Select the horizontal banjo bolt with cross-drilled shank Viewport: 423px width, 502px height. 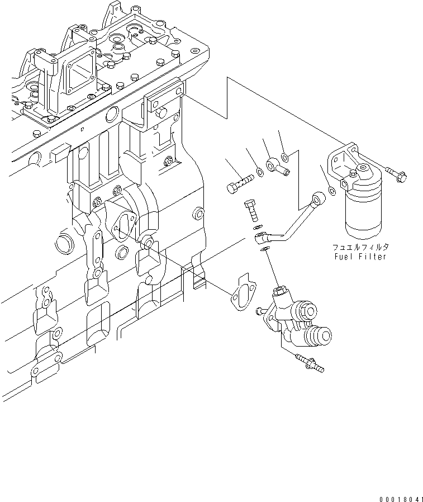coord(241,183)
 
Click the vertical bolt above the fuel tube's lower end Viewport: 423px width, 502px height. coord(251,211)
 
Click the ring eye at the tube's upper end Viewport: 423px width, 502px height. coord(319,197)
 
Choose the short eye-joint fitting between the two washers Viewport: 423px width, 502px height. coord(278,166)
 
